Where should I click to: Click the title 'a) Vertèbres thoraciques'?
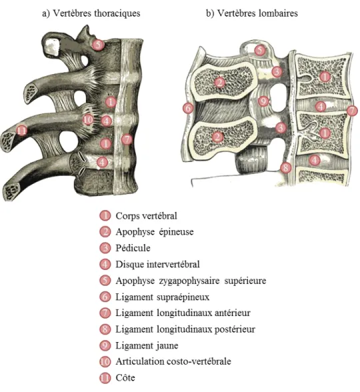click(x=91, y=13)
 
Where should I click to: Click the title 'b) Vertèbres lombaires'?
click(x=252, y=13)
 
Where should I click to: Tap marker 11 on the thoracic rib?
click(x=21, y=130)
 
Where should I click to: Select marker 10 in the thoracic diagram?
click(x=88, y=120)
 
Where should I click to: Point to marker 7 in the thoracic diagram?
click(x=127, y=139)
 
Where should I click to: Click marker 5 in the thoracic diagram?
click(x=98, y=45)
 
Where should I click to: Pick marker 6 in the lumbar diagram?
click(x=188, y=108)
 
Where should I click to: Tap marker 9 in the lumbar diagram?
click(x=263, y=101)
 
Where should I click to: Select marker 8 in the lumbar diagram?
click(x=286, y=167)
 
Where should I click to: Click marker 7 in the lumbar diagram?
click(x=352, y=111)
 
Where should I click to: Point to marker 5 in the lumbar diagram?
click(x=260, y=50)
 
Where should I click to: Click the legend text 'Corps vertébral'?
click(x=146, y=216)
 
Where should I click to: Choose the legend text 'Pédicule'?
click(x=133, y=248)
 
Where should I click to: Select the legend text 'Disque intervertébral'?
click(x=157, y=264)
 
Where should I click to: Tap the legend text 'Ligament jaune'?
click(x=147, y=345)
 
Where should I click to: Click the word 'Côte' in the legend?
click(x=125, y=377)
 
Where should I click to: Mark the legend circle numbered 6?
click(x=105, y=297)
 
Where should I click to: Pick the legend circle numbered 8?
click(x=105, y=329)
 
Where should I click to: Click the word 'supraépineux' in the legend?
click(x=183, y=297)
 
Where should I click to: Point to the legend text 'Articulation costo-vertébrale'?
click(x=173, y=361)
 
